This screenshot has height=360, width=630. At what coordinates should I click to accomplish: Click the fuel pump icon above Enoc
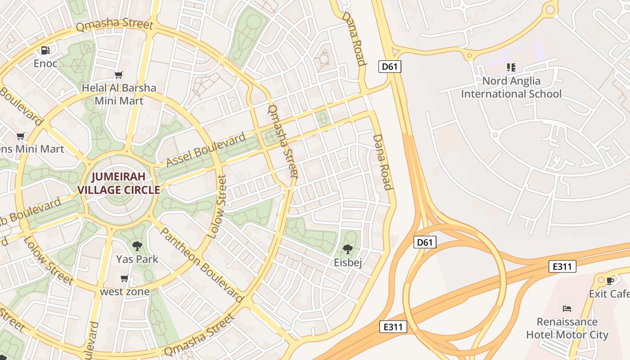tap(45, 50)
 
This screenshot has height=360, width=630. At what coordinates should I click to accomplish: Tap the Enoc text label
tap(45, 63)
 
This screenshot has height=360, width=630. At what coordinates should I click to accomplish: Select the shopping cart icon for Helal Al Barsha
tap(119, 75)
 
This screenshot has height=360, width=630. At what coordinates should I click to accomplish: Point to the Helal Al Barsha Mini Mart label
tap(119, 94)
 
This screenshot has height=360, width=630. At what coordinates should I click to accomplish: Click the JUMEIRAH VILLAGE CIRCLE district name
tap(119, 183)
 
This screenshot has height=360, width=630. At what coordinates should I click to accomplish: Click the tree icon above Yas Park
tap(137, 246)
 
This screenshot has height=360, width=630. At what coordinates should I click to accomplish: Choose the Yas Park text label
tap(137, 259)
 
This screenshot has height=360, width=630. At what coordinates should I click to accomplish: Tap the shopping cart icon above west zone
tap(125, 279)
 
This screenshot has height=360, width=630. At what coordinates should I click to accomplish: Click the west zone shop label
tap(125, 292)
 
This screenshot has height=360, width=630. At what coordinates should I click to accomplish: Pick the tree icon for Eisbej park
tap(347, 249)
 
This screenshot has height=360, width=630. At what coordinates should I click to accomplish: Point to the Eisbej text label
tap(348, 262)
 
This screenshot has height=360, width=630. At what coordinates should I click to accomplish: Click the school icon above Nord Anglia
tap(511, 67)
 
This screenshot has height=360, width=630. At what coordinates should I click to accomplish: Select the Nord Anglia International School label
tap(511, 87)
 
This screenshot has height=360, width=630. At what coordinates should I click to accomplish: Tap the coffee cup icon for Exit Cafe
tap(610, 281)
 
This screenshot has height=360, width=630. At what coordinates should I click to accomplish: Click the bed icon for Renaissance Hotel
tap(567, 308)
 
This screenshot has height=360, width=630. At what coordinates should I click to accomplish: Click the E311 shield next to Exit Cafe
tap(562, 266)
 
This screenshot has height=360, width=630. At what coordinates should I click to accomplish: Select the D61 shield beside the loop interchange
tap(425, 243)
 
